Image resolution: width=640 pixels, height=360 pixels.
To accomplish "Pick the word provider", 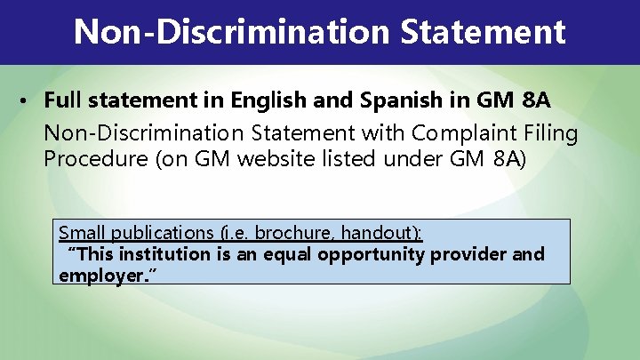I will (x=470, y=255).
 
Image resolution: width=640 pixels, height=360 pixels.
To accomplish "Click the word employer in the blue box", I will (x=98, y=276).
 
